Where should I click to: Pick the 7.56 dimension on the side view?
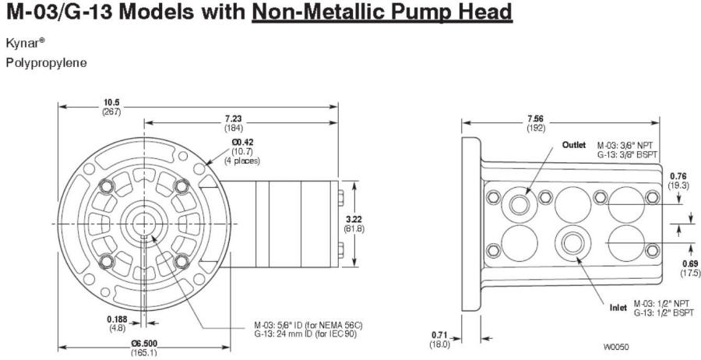536,118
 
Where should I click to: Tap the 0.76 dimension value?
678,176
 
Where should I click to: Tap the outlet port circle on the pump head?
520,204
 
